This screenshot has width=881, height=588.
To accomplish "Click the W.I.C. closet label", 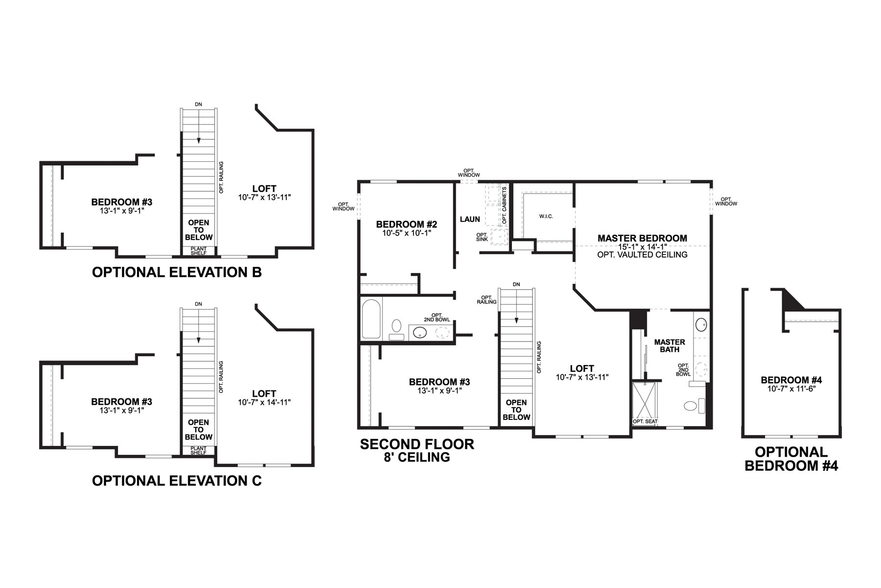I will [546, 216].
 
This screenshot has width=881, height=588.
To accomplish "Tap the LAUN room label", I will [470, 219].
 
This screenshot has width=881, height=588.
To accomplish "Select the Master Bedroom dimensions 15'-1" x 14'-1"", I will [642, 247].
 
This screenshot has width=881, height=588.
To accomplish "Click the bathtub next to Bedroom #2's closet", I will [371, 319].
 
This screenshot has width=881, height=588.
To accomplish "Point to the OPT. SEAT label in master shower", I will [645, 421].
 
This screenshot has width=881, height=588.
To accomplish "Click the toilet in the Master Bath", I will [691, 406].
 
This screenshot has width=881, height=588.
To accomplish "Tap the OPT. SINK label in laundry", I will [482, 237].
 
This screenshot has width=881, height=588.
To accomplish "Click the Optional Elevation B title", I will [177, 272].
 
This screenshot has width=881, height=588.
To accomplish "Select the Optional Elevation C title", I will [177, 481].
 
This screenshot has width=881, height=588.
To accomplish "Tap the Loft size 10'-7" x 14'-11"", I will [264, 402].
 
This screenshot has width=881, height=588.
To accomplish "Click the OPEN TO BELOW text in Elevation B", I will [198, 230].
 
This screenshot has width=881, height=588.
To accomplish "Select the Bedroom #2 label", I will [406, 224].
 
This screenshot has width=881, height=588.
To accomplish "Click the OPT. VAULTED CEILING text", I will [642, 255].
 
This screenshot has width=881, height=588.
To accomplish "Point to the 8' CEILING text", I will [417, 457].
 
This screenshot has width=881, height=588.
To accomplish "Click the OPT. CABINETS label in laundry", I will [504, 205].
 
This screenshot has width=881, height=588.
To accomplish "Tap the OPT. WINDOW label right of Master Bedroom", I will [726, 201].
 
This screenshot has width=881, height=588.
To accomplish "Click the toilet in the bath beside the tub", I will [396, 326].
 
